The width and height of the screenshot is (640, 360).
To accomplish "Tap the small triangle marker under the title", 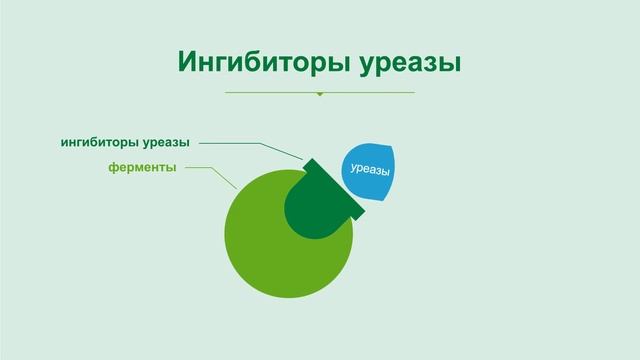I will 320,95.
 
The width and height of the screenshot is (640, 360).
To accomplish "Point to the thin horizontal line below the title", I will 270,93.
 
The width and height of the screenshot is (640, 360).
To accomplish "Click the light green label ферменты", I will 142,167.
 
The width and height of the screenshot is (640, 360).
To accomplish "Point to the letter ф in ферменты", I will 113,167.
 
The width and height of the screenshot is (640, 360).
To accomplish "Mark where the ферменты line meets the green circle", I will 236,189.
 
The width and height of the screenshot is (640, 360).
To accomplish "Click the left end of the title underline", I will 226,93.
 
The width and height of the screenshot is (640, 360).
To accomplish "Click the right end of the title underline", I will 414,93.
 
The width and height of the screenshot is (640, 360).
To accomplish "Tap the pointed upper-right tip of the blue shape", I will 393,148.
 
